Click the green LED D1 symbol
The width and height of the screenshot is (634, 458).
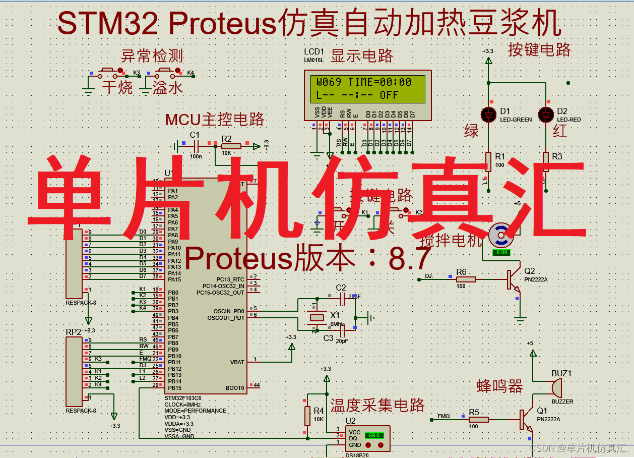click(x=488, y=115)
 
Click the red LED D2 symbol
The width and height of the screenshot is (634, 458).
click(x=546, y=115)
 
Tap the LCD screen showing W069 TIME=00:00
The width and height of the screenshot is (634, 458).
click(x=364, y=88)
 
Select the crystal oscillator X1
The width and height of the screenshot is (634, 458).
click(x=317, y=317)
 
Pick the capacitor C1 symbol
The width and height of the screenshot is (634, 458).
click(x=195, y=146)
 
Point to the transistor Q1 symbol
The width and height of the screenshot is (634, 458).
click(x=525, y=419)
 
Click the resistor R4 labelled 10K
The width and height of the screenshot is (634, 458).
click(x=307, y=416)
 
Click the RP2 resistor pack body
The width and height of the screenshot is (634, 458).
click(x=74, y=371)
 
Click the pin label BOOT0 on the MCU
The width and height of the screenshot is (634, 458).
click(x=235, y=388)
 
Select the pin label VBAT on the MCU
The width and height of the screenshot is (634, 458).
click(x=237, y=362)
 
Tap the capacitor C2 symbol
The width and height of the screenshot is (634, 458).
click(x=343, y=299)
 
